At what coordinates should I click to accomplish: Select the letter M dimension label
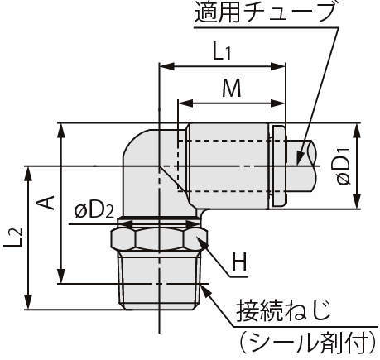[232, 89]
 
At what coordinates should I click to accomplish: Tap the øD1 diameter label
[344, 166]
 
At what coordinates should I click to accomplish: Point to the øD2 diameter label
[94, 211]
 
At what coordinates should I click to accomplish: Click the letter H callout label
[239, 262]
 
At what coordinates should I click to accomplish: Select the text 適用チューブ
[263, 12]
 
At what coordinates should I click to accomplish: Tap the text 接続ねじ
[284, 311]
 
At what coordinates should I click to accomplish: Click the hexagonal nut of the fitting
[159, 239]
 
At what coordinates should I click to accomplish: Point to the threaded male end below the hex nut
[159, 281]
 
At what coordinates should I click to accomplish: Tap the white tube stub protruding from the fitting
[301, 166]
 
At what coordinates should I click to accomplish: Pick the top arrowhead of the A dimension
[61, 130]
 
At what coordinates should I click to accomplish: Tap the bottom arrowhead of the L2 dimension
[28, 302]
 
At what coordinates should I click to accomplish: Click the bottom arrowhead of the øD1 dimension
[357, 201]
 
